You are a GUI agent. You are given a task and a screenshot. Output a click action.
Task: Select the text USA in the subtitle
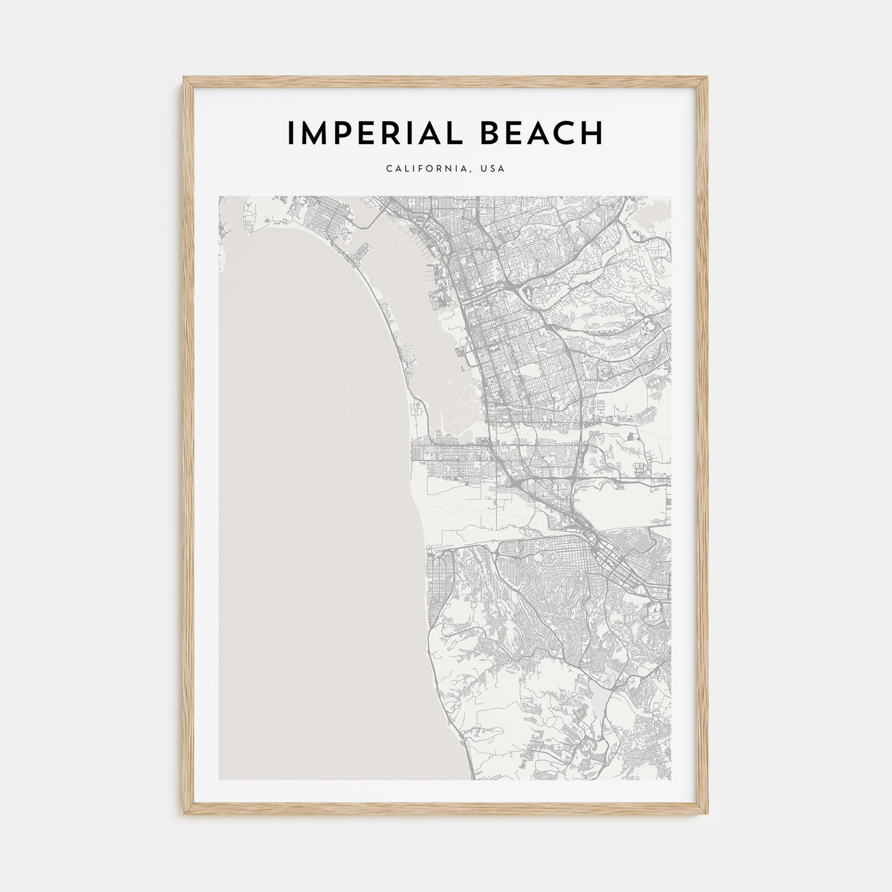pos(493,169)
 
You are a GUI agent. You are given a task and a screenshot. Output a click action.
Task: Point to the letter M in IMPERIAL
pos(314,133)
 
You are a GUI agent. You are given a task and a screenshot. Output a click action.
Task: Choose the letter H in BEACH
pos(592,133)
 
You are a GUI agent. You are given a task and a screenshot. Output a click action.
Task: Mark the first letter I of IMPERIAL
pos(291,133)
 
